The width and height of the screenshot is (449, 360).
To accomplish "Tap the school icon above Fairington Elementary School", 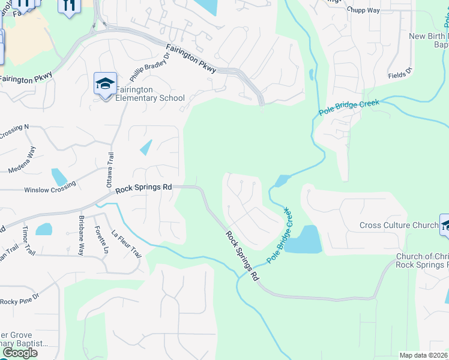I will pos(105,84).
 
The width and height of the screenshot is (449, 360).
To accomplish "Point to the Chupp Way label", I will pos(364,10).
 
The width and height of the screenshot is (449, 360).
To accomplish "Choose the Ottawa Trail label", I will pos(110,169).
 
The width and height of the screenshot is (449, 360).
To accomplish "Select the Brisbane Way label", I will pos(81,235).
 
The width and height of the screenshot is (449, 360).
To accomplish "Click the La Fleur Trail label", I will pos(127,245).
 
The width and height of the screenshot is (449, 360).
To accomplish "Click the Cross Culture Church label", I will pos(399,226).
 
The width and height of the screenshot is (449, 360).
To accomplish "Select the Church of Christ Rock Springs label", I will pos(422,261).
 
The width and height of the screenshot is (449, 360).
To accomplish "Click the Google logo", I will pos(19,352).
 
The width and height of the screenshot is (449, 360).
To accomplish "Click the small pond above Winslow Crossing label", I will pos(59,177).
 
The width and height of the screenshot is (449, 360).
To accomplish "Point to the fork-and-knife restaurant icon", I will pos(67,5).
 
